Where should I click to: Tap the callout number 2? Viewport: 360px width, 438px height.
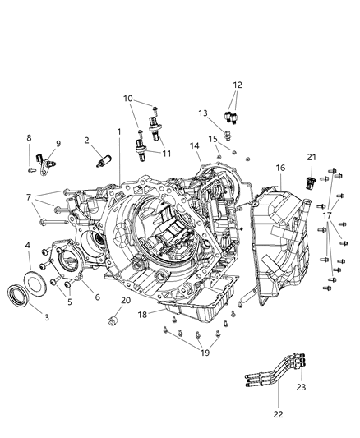pos(87,141)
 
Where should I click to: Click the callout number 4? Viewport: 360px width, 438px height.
pos(27,245)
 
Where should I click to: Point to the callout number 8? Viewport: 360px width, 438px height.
pos(29,138)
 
